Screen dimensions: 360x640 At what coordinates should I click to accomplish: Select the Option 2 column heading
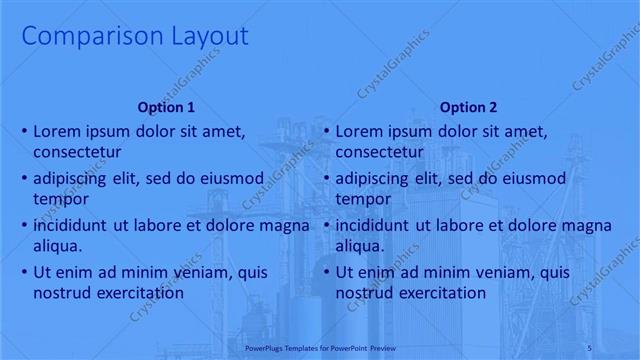(x=466, y=107)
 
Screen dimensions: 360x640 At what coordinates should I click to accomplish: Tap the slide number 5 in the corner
(x=618, y=348)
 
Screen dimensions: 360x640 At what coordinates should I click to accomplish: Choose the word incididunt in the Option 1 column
(x=71, y=225)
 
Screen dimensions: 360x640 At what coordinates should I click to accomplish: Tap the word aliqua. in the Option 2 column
(x=361, y=245)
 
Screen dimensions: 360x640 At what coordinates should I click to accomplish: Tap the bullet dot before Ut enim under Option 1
(x=24, y=272)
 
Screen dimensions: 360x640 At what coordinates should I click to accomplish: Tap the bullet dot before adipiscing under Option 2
(x=326, y=179)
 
